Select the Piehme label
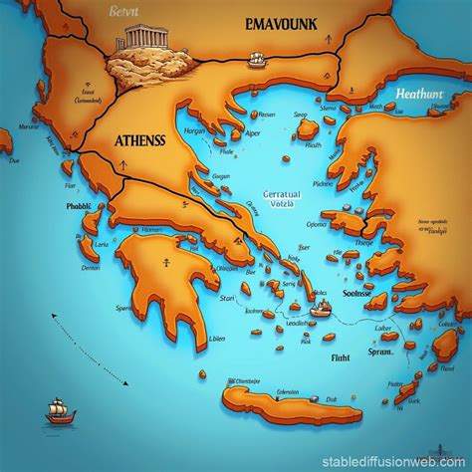click(324, 184)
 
